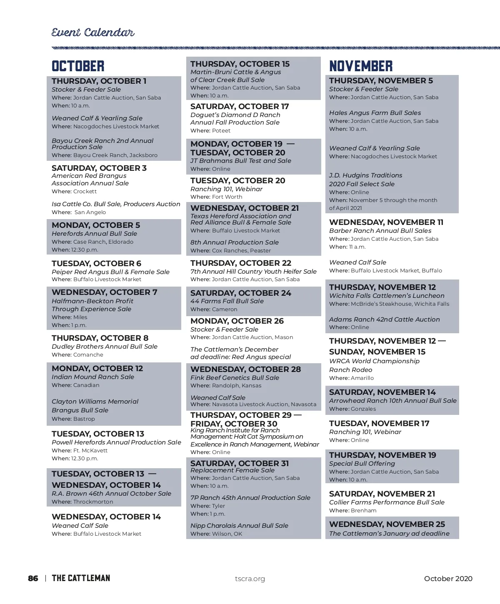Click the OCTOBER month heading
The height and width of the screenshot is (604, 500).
click(78, 66)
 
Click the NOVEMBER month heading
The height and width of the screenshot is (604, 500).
click(361, 66)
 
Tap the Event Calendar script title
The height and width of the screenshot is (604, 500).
click(93, 32)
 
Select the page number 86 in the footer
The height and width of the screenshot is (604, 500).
click(33, 578)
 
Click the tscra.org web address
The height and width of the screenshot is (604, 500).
click(250, 579)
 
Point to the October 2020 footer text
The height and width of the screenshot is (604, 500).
click(448, 579)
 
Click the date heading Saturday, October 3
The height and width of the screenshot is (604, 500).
click(99, 168)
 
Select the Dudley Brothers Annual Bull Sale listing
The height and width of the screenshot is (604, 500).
click(105, 347)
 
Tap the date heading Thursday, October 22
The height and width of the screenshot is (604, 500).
click(241, 263)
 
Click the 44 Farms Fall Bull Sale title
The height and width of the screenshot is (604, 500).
click(227, 301)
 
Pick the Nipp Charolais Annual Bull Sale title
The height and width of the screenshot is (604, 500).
click(239, 526)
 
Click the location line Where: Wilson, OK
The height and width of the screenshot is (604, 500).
click(216, 534)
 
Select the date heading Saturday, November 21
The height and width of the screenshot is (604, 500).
click(382, 494)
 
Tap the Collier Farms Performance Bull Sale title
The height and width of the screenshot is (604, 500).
click(387, 502)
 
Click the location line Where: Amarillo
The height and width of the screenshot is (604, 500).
click(351, 378)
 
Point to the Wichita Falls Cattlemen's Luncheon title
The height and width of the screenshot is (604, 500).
click(387, 296)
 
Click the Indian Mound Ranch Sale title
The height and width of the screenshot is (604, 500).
click(93, 377)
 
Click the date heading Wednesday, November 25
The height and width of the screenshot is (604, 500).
click(387, 524)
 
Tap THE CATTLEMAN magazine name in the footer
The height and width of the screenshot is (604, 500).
click(81, 578)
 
